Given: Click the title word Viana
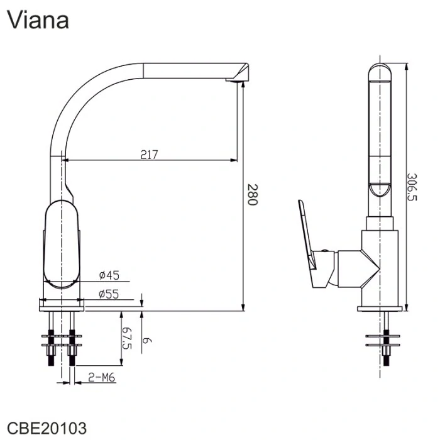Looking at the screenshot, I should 38,20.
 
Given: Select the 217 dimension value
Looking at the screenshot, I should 149,153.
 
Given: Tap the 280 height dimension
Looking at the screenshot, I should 251,195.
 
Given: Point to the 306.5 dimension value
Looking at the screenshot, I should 412,186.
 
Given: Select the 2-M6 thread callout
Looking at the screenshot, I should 100,377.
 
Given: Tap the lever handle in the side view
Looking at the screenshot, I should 309,242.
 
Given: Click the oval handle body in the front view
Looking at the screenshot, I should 62,245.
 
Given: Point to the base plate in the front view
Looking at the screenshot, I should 62,304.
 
